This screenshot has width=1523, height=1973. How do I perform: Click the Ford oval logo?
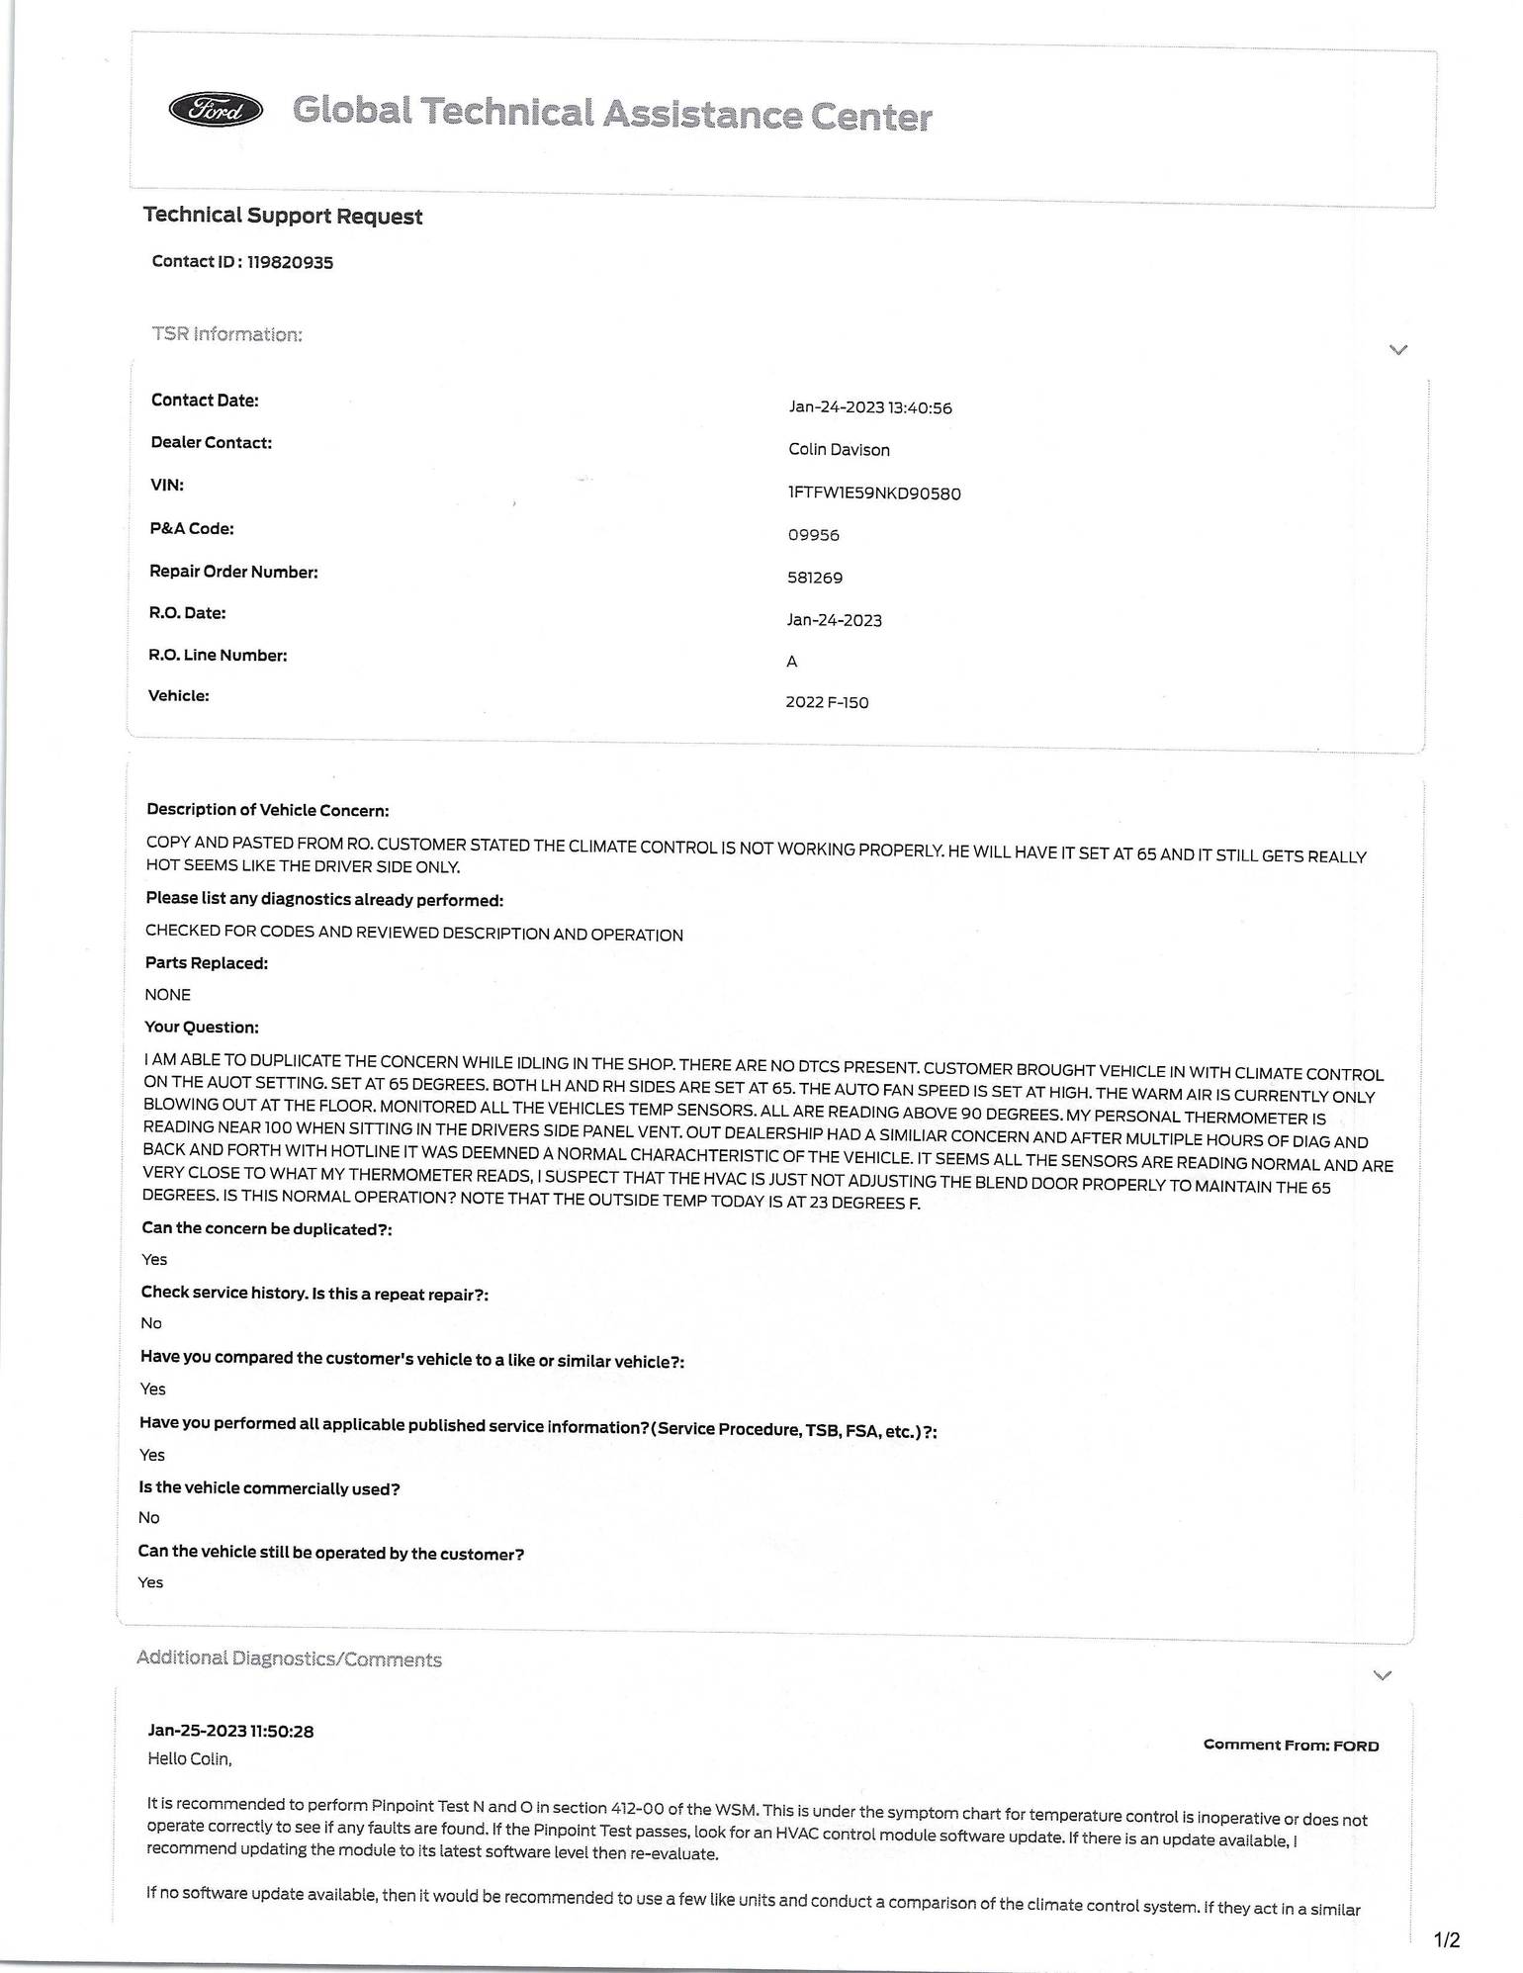coord(217,110)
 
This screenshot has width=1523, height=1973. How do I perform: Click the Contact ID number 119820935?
coord(290,262)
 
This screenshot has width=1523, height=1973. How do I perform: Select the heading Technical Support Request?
coord(283,216)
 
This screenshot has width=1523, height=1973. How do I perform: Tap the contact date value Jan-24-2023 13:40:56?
coord(869,407)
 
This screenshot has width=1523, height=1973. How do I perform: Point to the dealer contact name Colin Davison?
coord(839,450)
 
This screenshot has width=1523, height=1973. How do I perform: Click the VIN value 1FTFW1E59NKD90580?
coord(873,493)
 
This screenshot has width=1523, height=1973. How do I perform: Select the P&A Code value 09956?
coord(813,535)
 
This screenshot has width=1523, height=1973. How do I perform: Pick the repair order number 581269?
coord(815,578)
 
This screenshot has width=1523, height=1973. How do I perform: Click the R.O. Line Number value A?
coord(791,662)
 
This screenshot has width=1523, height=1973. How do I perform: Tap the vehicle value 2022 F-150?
coord(827,702)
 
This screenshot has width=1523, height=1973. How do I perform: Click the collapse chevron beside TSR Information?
coord(1397,349)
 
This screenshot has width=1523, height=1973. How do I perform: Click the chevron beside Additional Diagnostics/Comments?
coord(1383,1674)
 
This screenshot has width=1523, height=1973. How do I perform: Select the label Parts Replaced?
coord(206,962)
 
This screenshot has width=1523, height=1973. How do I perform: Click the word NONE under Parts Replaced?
coord(167,994)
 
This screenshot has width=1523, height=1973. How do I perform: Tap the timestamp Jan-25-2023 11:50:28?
coord(230,1730)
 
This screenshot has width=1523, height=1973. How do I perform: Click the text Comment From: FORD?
coord(1291,1745)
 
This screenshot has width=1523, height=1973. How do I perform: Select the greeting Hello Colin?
coord(189,1757)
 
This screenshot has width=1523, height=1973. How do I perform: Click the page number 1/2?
coord(1446,1939)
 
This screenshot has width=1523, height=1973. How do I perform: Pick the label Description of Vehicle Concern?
coord(267,809)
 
